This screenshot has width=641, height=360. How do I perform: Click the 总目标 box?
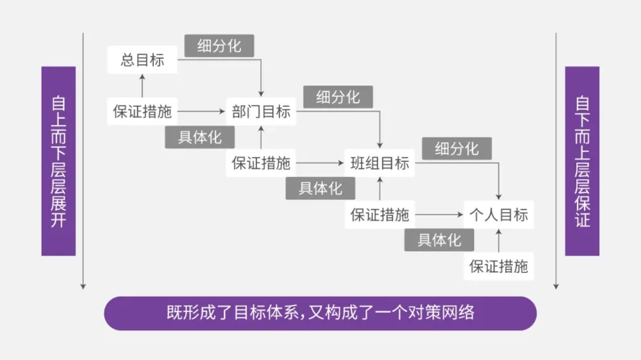(142, 60)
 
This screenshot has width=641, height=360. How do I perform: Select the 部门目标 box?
(261, 111)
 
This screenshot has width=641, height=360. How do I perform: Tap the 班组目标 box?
(380, 163)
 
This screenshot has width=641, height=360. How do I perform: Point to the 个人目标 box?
(499, 215)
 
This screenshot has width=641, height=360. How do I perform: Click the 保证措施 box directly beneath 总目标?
(142, 111)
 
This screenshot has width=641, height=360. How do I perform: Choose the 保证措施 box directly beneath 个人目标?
(499, 266)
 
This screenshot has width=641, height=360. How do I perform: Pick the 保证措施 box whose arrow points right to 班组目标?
(261, 163)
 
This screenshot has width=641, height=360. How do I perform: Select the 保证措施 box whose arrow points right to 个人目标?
(380, 215)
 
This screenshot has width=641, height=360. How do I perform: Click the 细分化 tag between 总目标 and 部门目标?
(219, 46)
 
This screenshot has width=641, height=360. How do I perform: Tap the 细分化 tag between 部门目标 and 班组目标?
(338, 97)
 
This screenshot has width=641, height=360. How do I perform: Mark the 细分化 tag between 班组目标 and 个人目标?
(456, 149)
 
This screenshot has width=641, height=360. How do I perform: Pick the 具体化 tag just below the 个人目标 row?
(439, 240)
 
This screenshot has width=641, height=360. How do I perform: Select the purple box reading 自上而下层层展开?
(58, 161)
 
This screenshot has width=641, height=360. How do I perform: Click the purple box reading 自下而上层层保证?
(582, 161)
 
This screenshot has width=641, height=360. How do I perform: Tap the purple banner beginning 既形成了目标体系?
(320, 313)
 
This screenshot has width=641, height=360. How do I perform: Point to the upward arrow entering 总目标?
(142, 85)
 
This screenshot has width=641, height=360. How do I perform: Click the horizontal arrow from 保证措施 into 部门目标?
(201, 111)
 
